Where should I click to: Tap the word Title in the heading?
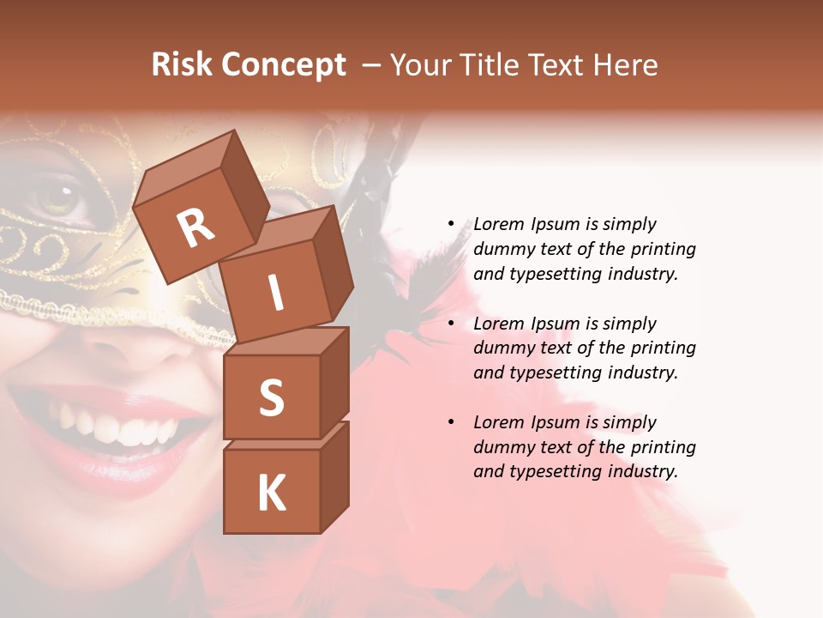(x=490, y=65)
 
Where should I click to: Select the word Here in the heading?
(x=628, y=65)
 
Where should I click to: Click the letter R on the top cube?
(x=196, y=228)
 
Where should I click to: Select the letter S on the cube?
(x=271, y=397)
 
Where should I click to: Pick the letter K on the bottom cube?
(x=271, y=494)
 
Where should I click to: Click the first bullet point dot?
(x=452, y=224)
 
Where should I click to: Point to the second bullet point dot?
(x=452, y=324)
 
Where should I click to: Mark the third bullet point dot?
(x=452, y=422)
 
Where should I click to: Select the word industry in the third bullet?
(x=644, y=471)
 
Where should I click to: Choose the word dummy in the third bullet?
(x=502, y=447)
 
